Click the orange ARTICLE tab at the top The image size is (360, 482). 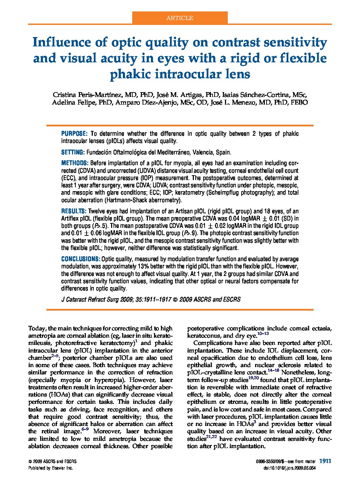click(180, 18)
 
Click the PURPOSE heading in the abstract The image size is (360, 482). click(74, 134)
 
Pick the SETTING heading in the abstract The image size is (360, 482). click(73, 152)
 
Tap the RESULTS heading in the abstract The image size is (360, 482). click(74, 211)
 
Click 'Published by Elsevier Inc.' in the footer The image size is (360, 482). click(51, 468)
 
